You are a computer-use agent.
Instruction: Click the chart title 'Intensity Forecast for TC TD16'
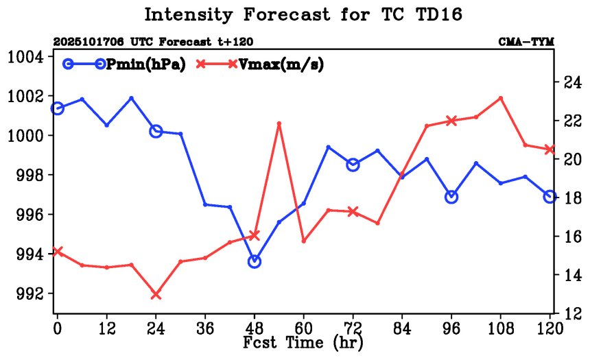coord(299,14)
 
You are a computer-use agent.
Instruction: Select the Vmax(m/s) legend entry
coord(260,64)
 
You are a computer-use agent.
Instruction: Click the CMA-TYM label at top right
coord(526,43)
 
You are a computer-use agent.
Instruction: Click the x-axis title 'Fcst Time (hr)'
coord(303,341)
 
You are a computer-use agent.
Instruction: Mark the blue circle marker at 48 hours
coord(255,261)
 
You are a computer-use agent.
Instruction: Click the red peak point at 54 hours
coord(279,123)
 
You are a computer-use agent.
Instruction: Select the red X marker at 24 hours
coord(156,295)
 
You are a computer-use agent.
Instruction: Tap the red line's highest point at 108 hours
coord(501,98)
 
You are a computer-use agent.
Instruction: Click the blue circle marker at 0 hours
coord(58,108)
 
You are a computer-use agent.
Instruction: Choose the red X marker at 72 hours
coord(353,212)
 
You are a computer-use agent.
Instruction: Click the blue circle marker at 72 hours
coord(353,165)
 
